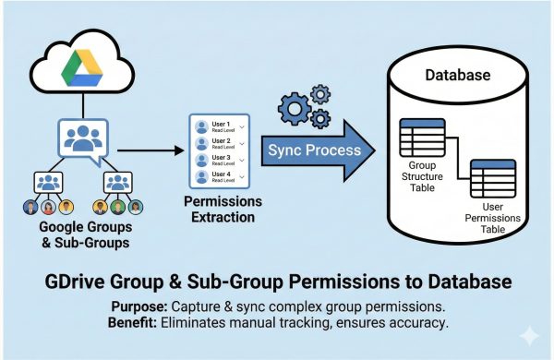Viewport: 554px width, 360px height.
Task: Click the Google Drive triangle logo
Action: pyautogui.click(x=85, y=66)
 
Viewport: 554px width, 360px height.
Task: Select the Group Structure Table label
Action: pyautogui.click(x=418, y=173)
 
